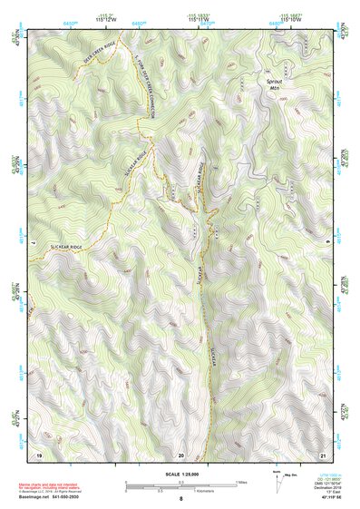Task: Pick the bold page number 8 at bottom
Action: (x=180, y=499)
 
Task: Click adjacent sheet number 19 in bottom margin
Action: (x=39, y=454)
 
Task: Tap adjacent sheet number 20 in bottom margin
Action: (x=181, y=454)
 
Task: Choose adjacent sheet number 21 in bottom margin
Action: (x=323, y=454)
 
